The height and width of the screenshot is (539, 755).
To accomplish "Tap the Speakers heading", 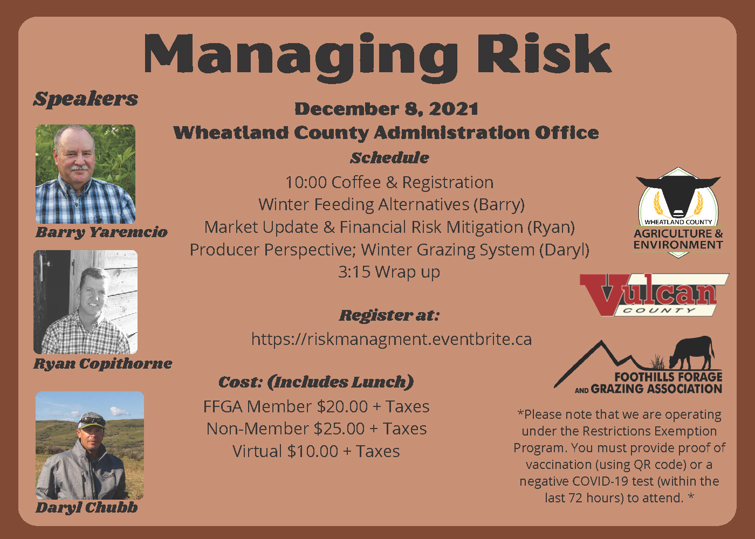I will tap(86, 99).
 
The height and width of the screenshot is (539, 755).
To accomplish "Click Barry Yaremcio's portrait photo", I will tap(85, 174).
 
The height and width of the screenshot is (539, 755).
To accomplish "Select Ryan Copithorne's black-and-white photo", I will tap(86, 302).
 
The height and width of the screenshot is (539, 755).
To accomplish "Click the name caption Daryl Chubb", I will tap(86, 508).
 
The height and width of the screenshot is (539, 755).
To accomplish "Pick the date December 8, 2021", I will tap(386, 109).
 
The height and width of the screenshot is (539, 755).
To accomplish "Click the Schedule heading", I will tap(389, 158).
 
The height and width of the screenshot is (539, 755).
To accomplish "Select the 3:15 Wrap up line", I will tap(389, 272).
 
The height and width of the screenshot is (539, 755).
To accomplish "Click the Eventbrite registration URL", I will tap(392, 339).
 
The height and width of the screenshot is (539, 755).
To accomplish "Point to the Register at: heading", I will tap(389, 315).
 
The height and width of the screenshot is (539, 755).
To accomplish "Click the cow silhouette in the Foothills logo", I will tap(692, 353).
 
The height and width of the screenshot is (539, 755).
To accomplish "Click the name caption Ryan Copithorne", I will tap(103, 364).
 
